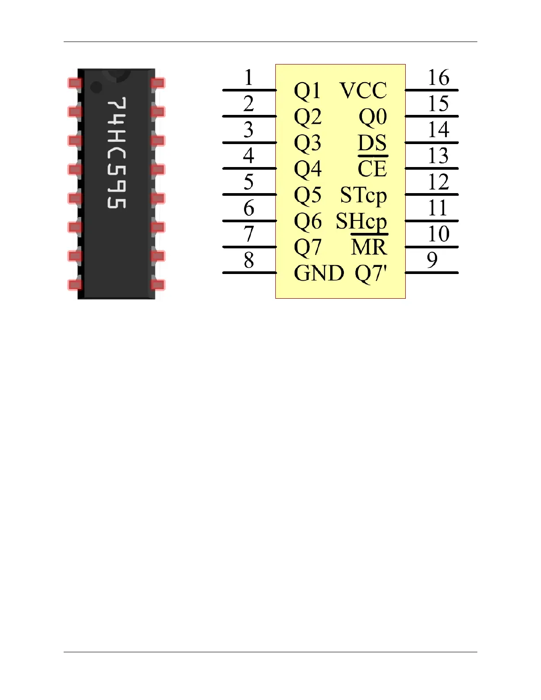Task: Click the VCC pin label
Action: click(363, 91)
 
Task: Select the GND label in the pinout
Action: click(319, 273)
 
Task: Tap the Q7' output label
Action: click(371, 273)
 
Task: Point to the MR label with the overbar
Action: click(369, 247)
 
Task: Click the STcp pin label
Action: click(363, 195)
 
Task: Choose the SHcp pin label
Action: click(361, 221)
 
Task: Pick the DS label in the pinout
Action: click(372, 143)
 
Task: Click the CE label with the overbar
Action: click(372, 169)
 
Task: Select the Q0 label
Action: click(373, 117)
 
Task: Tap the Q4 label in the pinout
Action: click(308, 169)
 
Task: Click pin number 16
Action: click(438, 78)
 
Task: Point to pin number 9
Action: click(432, 260)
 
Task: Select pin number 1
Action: click(249, 77)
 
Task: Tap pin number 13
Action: click(438, 156)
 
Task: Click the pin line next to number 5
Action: click(249, 194)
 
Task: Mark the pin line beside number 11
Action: click(431, 221)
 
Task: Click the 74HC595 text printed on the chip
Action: click(117, 152)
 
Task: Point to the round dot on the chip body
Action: click(96, 87)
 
